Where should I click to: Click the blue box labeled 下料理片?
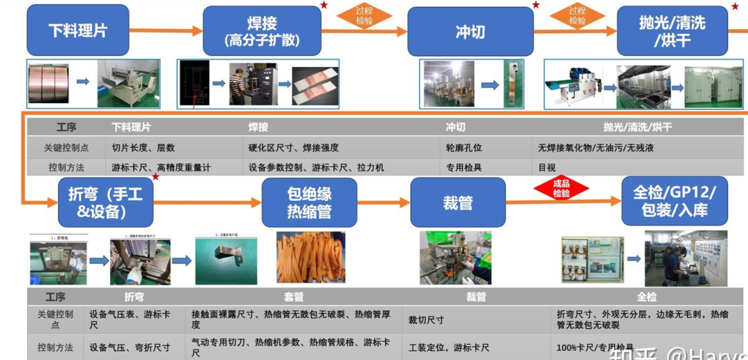pyautogui.click(x=78, y=30)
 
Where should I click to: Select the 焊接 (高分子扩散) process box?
pyautogui.click(x=262, y=31)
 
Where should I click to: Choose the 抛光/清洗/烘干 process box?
pyautogui.click(x=673, y=31)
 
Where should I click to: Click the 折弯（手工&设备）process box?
pyautogui.click(x=105, y=202)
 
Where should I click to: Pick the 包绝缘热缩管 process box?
pyautogui.click(x=310, y=202)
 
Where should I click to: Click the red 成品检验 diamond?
pyautogui.click(x=561, y=189)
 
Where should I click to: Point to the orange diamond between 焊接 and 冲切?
pyautogui.click(x=364, y=16)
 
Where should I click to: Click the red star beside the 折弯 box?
pyautogui.click(x=156, y=177)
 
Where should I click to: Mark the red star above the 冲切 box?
pyautogui.click(x=535, y=5)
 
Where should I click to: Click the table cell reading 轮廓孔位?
pyautogui.click(x=464, y=148)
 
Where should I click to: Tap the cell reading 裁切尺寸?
pyautogui.click(x=426, y=320)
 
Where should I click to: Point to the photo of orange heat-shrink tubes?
pyautogui.click(x=311, y=257)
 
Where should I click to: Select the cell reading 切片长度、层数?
pyautogui.click(x=143, y=148)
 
